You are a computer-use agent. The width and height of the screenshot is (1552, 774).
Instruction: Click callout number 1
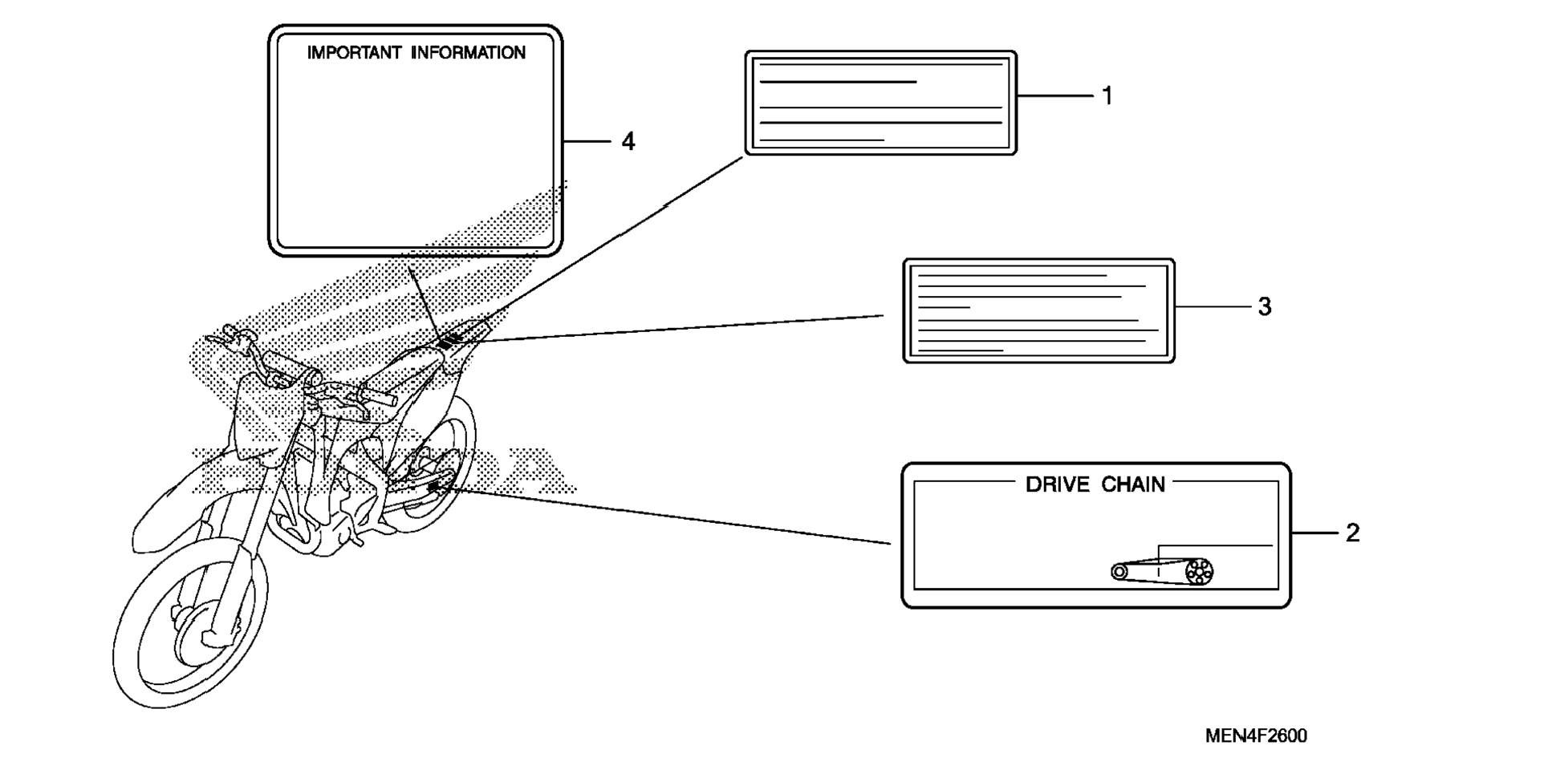(1107, 96)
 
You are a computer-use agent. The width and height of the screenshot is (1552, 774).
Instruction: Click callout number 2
(1352, 533)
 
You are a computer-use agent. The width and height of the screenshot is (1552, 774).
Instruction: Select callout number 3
(1265, 306)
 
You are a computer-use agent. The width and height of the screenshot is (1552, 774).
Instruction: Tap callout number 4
(628, 142)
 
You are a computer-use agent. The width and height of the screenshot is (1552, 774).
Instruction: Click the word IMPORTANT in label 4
(354, 53)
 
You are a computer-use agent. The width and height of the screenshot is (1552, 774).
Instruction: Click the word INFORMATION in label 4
(469, 53)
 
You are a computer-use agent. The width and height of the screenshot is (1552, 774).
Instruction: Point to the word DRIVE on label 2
(1058, 484)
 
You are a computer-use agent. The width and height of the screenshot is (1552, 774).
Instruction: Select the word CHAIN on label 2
(1133, 484)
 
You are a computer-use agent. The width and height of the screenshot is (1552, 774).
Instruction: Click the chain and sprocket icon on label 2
(1162, 570)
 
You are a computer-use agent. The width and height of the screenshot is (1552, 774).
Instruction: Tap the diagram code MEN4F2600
(1256, 736)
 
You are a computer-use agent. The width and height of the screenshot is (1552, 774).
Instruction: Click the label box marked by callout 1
(880, 103)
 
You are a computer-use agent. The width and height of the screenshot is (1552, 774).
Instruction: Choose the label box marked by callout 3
(1038, 311)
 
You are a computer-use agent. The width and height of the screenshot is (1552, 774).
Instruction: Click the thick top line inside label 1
(838, 82)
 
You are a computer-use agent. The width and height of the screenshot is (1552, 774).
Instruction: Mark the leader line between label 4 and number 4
(587, 142)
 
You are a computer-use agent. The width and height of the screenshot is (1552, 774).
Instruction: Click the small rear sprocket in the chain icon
(1119, 572)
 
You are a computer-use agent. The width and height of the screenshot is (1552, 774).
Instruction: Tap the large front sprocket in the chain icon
(1199, 572)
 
